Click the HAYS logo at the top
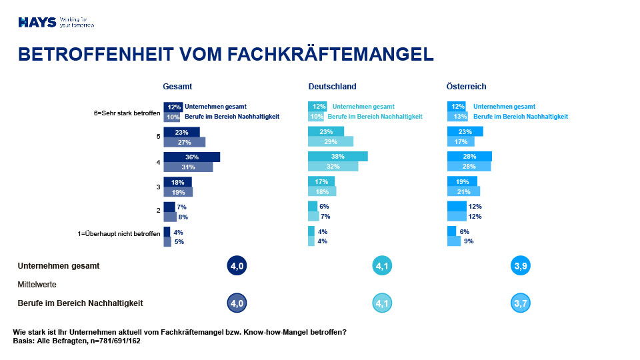[x=37, y=22]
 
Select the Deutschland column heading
[x=332, y=87]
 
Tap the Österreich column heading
[x=466, y=87]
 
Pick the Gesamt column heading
[x=177, y=87]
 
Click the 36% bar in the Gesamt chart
[x=191, y=157]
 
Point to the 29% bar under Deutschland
[x=330, y=142]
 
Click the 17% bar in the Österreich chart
[x=460, y=142]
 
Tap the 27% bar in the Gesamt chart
[x=184, y=142]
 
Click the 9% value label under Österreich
[x=468, y=241]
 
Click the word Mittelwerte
[x=37, y=284]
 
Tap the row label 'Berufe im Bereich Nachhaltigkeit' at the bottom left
[x=80, y=303]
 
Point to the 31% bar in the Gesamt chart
[x=188, y=167]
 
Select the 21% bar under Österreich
[x=463, y=192]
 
